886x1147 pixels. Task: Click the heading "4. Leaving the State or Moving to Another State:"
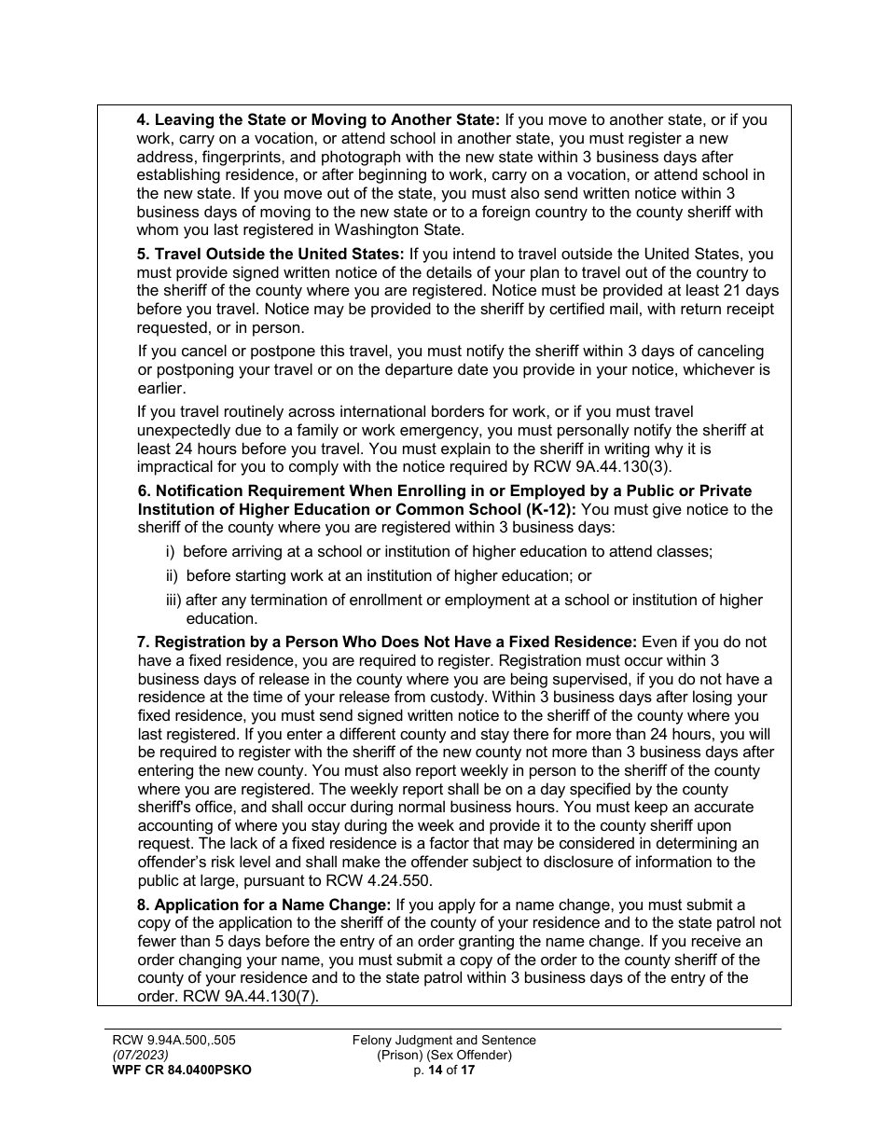point(318,120)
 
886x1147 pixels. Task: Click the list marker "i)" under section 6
point(172,551)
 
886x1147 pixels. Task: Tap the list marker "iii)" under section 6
point(173,601)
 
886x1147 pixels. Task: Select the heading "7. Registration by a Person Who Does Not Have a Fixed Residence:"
point(386,643)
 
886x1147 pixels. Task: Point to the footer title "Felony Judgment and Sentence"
point(444,1040)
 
